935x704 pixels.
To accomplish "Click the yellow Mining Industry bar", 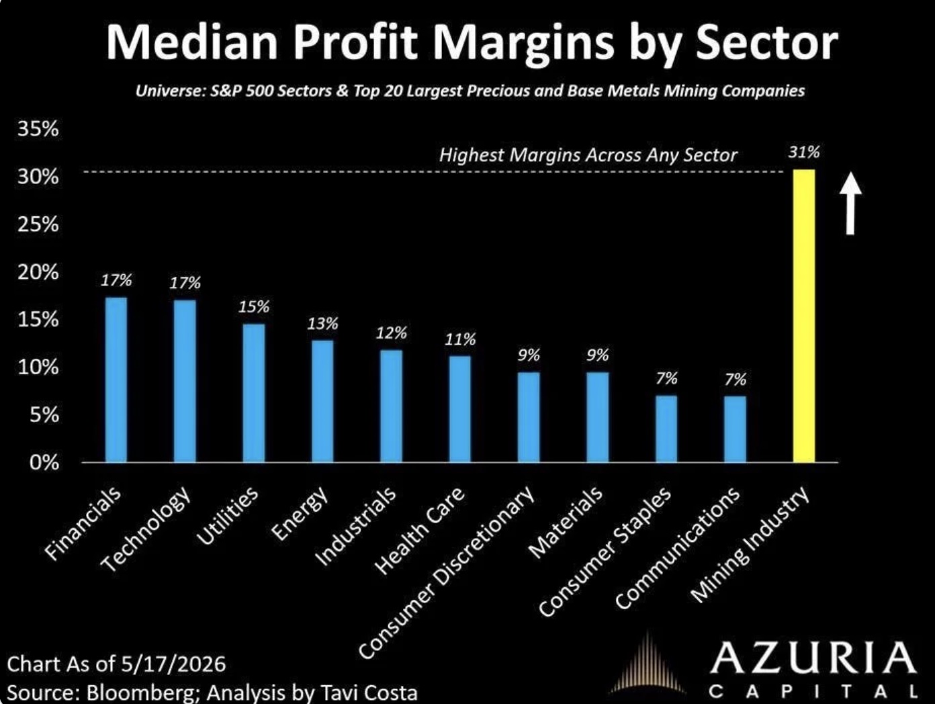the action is tap(804, 316).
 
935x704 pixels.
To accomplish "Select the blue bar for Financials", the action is tap(116, 380).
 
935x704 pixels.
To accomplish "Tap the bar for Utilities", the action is tap(253, 393).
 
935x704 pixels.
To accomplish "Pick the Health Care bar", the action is tap(460, 409).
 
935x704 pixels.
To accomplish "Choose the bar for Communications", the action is tap(735, 429).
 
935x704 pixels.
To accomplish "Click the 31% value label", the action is tap(804, 152).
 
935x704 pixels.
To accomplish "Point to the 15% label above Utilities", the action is tap(254, 307).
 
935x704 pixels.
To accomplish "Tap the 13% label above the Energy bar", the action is tap(323, 324).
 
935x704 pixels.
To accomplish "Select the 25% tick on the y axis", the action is tap(38, 224).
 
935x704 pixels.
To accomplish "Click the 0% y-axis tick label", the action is tap(44, 463).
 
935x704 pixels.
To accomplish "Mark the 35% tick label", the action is tap(38, 128).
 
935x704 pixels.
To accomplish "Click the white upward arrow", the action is tap(850, 203).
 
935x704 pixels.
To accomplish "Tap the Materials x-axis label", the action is tap(566, 522).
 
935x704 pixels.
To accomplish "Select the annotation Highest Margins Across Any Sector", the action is tap(588, 155).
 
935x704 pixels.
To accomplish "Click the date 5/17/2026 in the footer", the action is tap(173, 664).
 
